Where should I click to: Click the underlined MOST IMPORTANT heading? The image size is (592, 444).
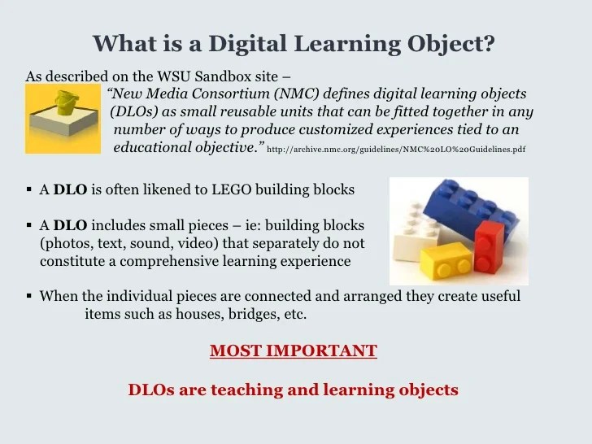(x=294, y=351)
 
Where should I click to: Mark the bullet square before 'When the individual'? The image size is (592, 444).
(x=28, y=297)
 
